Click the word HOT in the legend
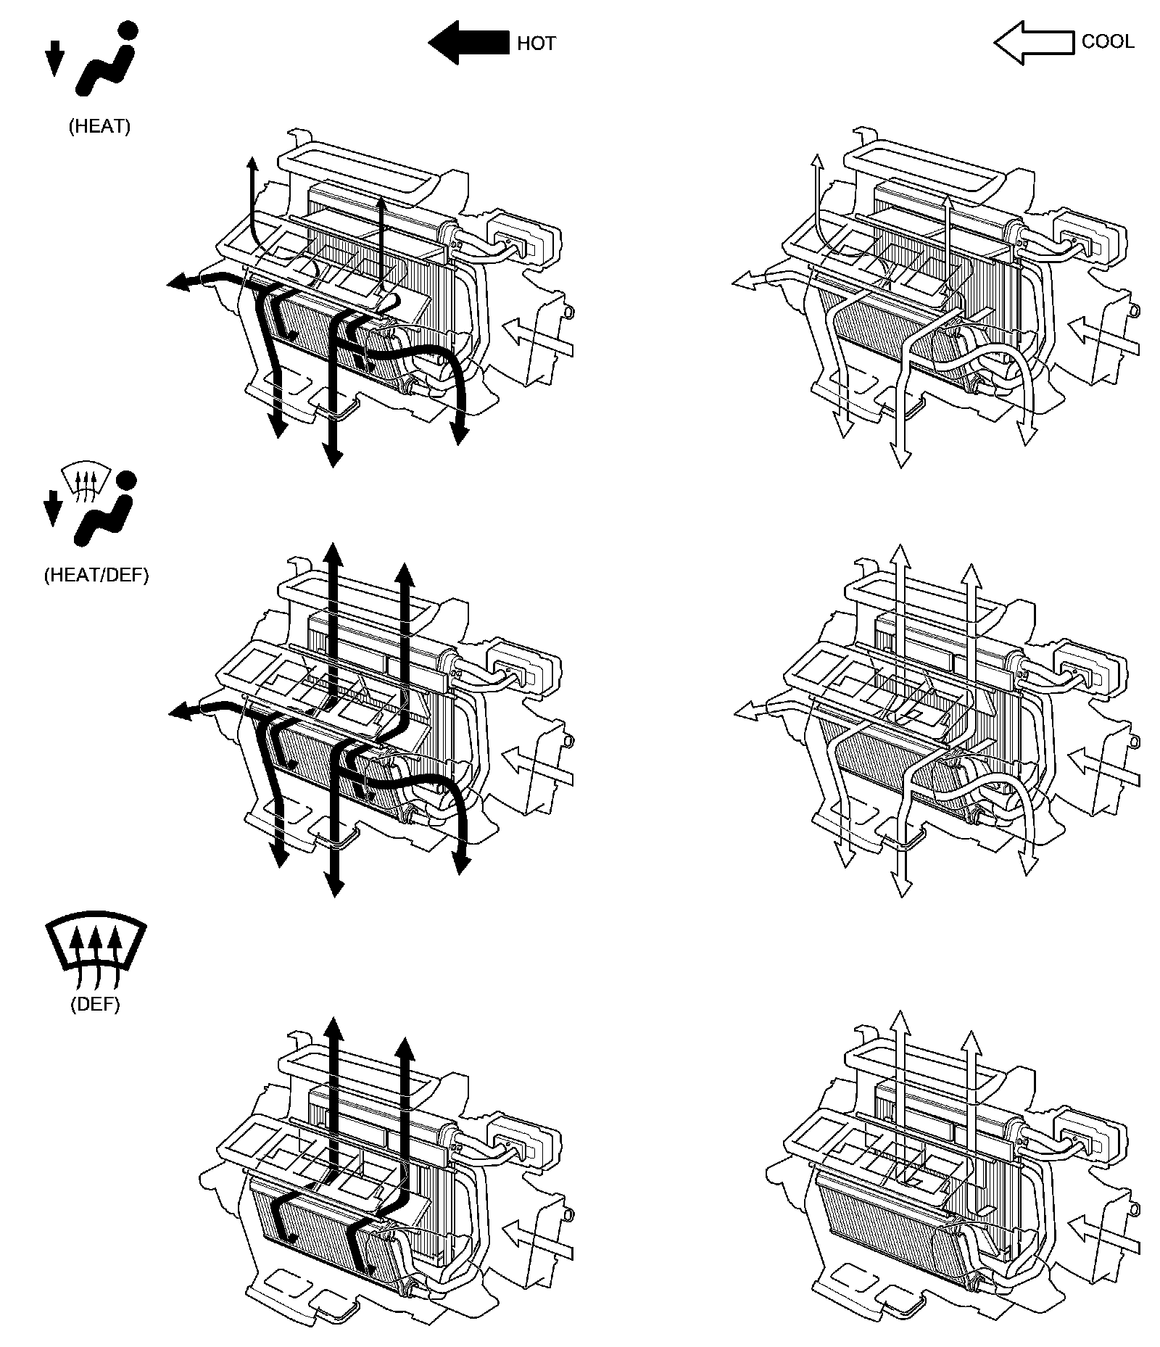[536, 43]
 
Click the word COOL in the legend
[1107, 41]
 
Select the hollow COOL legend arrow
[1032, 43]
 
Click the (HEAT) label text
[99, 126]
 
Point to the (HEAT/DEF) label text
[96, 575]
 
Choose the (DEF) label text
[95, 1004]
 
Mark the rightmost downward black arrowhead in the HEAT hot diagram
[458, 432]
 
